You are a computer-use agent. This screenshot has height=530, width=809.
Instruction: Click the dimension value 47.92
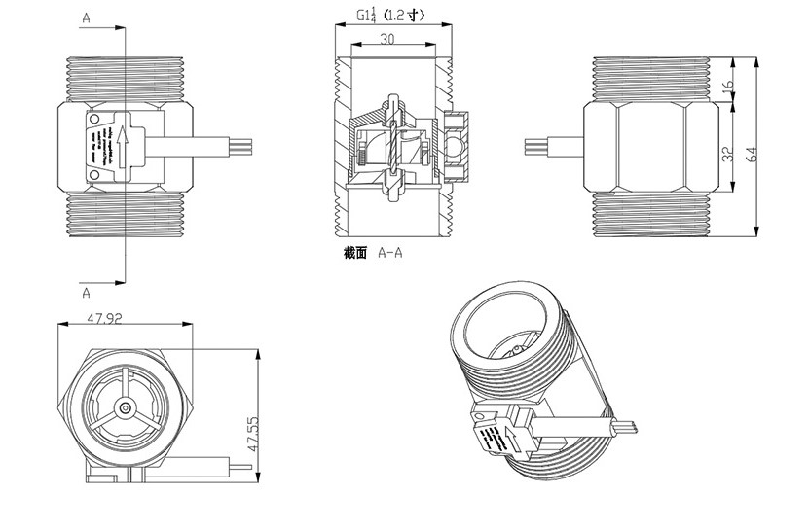coord(106,317)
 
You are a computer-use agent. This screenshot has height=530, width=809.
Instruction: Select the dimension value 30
coord(387,40)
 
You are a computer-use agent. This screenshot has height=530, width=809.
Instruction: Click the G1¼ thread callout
coord(368,15)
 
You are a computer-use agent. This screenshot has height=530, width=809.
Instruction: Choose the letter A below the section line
coord(87,291)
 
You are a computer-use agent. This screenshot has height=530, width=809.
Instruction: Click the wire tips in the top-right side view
coord(533,148)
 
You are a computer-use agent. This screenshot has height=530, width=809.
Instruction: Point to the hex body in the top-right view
coord(647,147)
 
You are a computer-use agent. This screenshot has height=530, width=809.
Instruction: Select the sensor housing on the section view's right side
coord(457,147)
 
